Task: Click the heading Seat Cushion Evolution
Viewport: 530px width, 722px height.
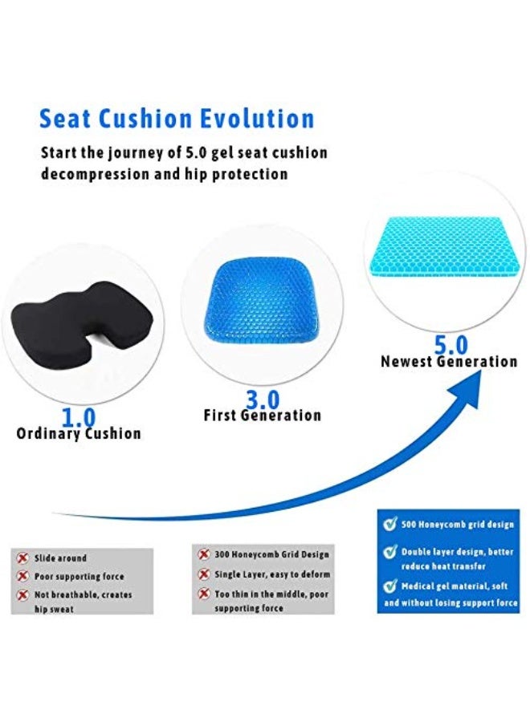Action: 177,119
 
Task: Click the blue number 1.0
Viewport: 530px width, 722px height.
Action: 79,417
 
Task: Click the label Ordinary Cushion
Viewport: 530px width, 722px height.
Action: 79,434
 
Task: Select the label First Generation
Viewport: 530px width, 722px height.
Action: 262,416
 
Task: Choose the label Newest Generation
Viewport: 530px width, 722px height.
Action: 449,362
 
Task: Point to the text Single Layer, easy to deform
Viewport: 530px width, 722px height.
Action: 272,574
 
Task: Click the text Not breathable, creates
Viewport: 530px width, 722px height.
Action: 84,595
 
